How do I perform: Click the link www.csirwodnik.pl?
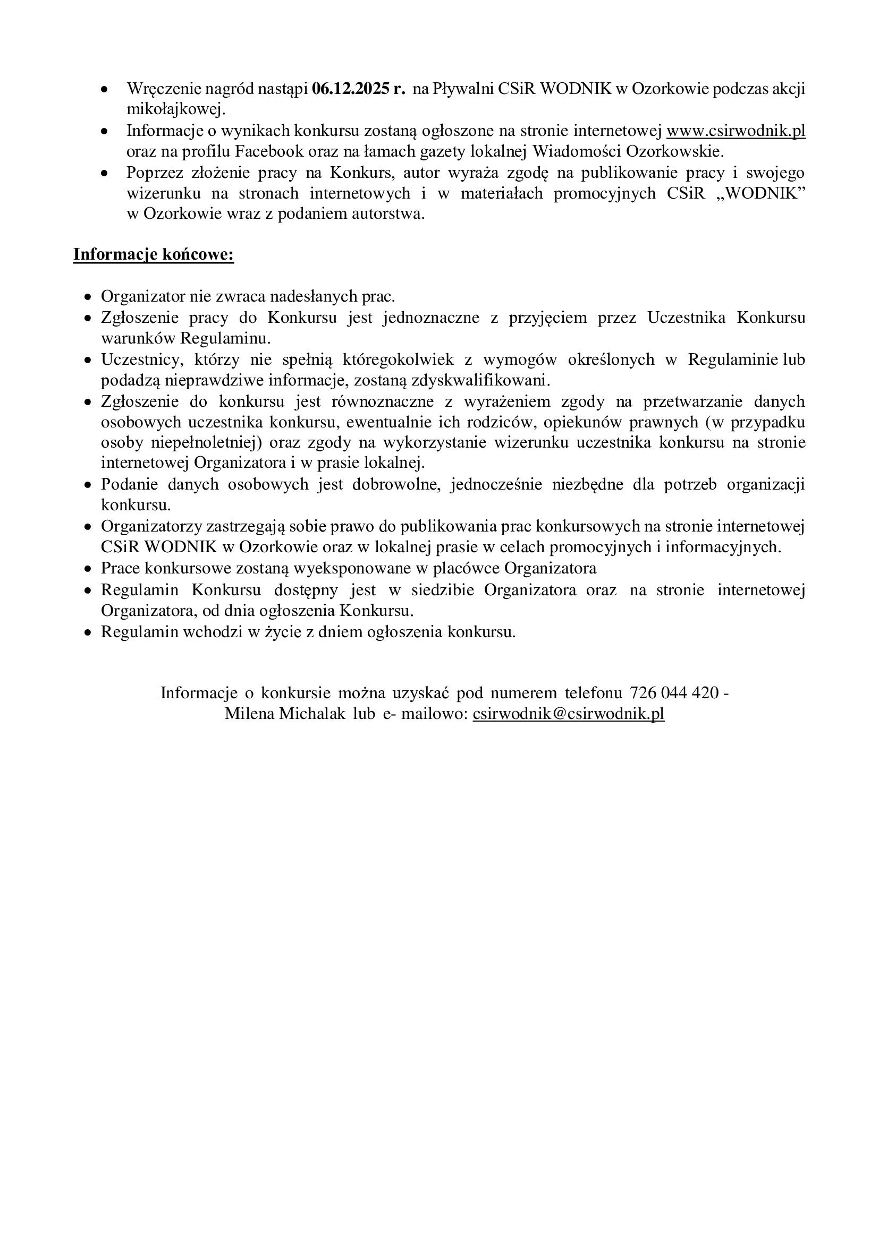pyautogui.click(x=736, y=132)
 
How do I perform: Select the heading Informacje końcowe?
pyautogui.click(x=154, y=254)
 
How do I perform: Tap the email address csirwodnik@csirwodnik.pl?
pyautogui.click(x=568, y=714)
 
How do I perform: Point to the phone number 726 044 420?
pyautogui.click(x=674, y=693)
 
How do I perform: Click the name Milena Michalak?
pyautogui.click(x=285, y=714)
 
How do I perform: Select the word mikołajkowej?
pyautogui.click(x=175, y=110)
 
